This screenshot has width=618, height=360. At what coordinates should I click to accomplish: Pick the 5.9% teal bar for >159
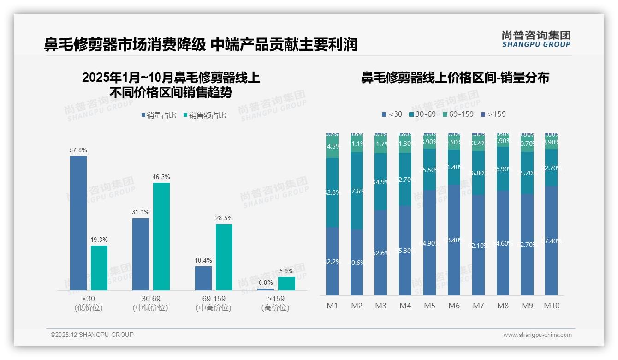tap(286, 283)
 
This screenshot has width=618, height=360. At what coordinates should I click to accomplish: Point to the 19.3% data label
tap(99, 240)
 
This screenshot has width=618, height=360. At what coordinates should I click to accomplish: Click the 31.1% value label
tap(140, 212)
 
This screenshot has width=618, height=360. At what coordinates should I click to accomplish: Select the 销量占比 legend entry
tap(159, 115)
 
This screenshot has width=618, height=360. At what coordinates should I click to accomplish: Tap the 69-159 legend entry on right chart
tap(458, 114)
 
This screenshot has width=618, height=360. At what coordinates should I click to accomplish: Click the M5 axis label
tap(429, 306)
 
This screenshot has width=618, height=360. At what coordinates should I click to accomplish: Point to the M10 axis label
tap(551, 306)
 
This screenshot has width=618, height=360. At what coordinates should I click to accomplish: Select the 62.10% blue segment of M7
tap(478, 245)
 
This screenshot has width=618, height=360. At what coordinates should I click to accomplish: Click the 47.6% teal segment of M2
tap(357, 191)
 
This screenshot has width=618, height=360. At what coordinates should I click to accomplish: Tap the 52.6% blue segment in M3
tap(380, 253)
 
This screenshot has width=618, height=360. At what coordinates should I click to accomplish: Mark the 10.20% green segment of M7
tap(478, 143)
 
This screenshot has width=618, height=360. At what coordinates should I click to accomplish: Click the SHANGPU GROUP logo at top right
tap(536, 39)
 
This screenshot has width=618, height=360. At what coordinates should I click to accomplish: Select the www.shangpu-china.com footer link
tap(537, 335)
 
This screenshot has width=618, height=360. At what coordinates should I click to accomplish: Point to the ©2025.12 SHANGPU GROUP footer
tap(92, 335)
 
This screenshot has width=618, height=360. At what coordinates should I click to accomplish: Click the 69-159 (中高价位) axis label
tap(214, 303)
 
